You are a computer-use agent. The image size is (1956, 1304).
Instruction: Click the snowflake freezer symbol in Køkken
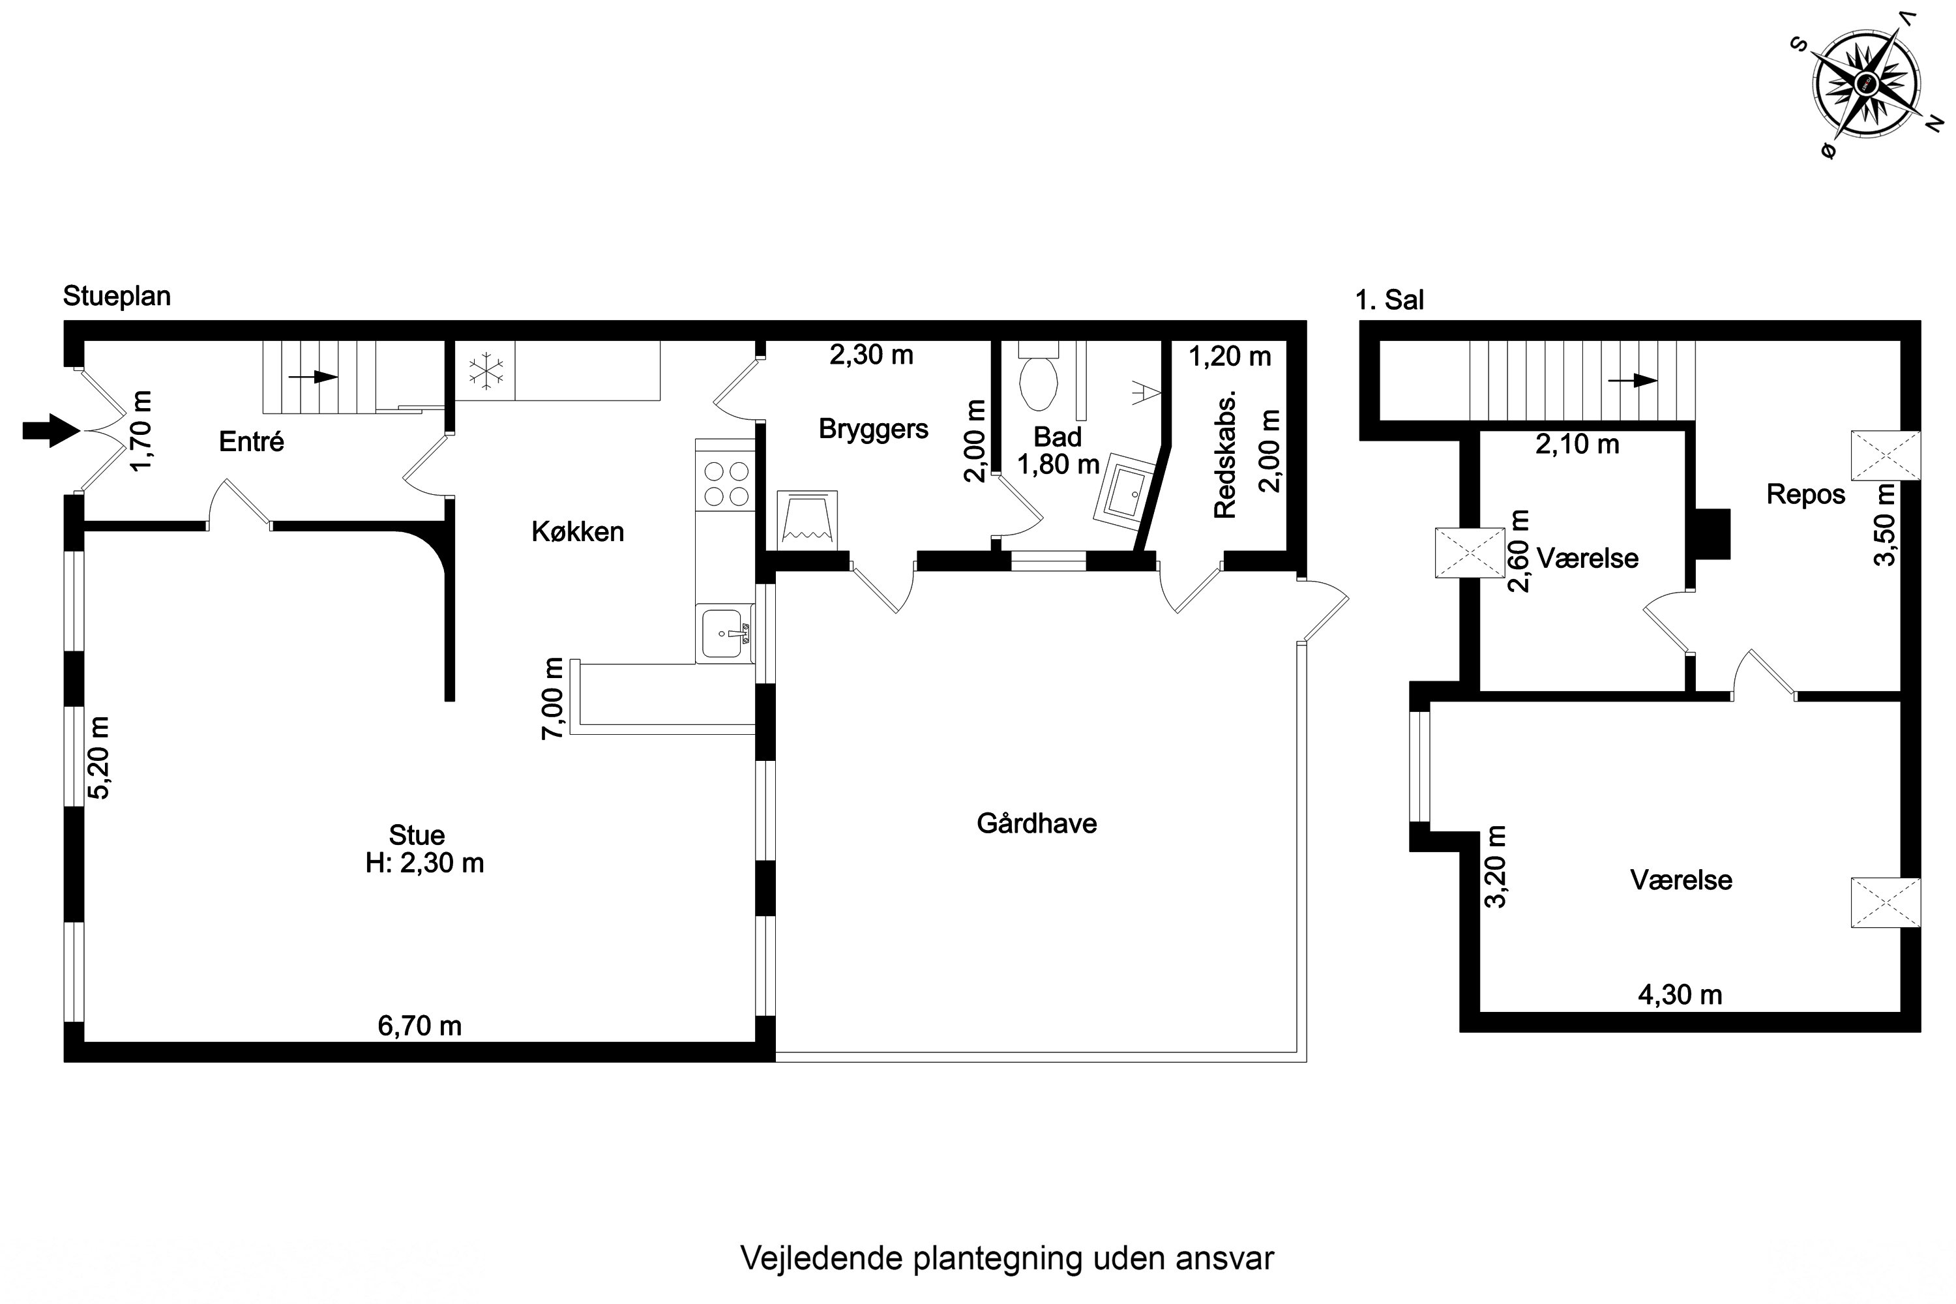485,371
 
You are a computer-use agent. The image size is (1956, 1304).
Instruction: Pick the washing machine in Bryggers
807,520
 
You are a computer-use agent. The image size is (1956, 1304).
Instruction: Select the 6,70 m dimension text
419,1026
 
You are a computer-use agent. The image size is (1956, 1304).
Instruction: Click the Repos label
1805,494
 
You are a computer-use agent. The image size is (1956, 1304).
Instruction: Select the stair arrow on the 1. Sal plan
1632,381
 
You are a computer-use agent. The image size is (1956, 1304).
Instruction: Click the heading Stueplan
117,296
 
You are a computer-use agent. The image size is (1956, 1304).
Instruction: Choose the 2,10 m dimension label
1577,445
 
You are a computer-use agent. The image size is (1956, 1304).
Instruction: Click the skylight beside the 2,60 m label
1470,552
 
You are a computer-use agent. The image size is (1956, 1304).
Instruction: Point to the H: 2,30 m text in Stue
424,863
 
